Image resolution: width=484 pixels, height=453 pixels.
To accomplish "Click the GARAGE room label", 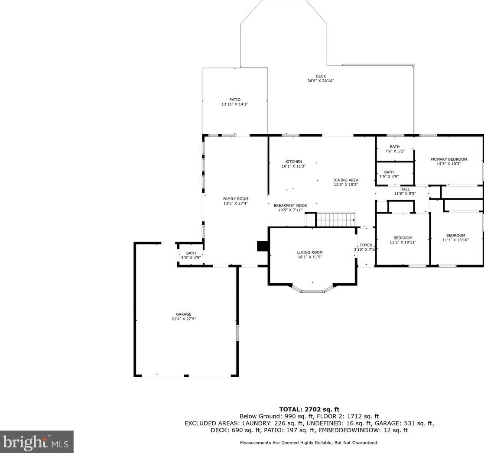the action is click(x=184, y=314).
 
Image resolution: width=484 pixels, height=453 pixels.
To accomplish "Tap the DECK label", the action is click(x=321, y=76).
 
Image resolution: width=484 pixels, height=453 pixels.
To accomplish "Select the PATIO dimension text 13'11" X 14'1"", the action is click(x=234, y=104).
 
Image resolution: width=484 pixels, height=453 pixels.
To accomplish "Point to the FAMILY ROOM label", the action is click(x=236, y=199).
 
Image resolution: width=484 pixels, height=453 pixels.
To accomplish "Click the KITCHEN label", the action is click(x=293, y=162).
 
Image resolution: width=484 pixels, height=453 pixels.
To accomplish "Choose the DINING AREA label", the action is click(x=346, y=180).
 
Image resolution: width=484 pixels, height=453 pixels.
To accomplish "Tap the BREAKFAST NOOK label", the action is click(x=290, y=206).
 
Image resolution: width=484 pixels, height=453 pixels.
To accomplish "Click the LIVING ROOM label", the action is click(x=310, y=252).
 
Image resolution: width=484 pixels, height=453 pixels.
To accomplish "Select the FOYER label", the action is click(x=366, y=245).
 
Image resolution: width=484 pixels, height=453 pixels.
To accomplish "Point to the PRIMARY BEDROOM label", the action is click(x=448, y=159).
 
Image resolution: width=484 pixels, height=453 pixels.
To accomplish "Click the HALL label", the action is click(x=405, y=189).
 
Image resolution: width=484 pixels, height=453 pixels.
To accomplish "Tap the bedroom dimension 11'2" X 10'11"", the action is click(x=403, y=242).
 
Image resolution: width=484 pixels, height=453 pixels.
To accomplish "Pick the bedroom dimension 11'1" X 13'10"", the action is click(x=455, y=240).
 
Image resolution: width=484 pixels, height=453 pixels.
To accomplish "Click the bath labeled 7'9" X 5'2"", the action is click(x=394, y=149).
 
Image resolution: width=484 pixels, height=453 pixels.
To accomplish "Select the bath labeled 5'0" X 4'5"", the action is click(x=191, y=256).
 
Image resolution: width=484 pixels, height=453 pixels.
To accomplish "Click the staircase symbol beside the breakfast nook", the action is click(x=335, y=220).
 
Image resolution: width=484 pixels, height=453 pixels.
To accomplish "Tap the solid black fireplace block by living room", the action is click(x=263, y=246).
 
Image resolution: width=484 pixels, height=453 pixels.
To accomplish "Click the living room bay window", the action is click(x=312, y=289).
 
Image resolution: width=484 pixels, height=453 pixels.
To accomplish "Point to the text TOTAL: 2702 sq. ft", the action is click(x=309, y=410).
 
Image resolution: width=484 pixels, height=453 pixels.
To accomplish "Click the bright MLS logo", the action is click(x=36, y=442).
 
